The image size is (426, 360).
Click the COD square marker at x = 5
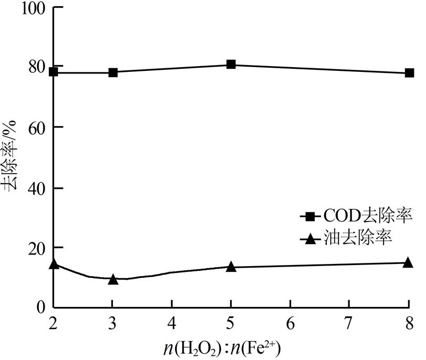coord(231,65)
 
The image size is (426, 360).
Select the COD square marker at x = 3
coord(112,72)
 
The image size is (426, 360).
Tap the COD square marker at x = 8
coord(409,73)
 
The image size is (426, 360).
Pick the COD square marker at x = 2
coord(53,71)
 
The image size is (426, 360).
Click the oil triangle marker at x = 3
coord(112,279)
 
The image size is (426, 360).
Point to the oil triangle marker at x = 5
coord(231,267)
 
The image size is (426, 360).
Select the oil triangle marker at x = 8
coord(409,262)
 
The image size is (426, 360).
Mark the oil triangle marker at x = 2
coord(53,263)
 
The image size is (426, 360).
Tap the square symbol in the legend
coord(310,216)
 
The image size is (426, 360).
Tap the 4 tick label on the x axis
coord(172,321)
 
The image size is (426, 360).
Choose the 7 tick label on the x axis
coord(349,321)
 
